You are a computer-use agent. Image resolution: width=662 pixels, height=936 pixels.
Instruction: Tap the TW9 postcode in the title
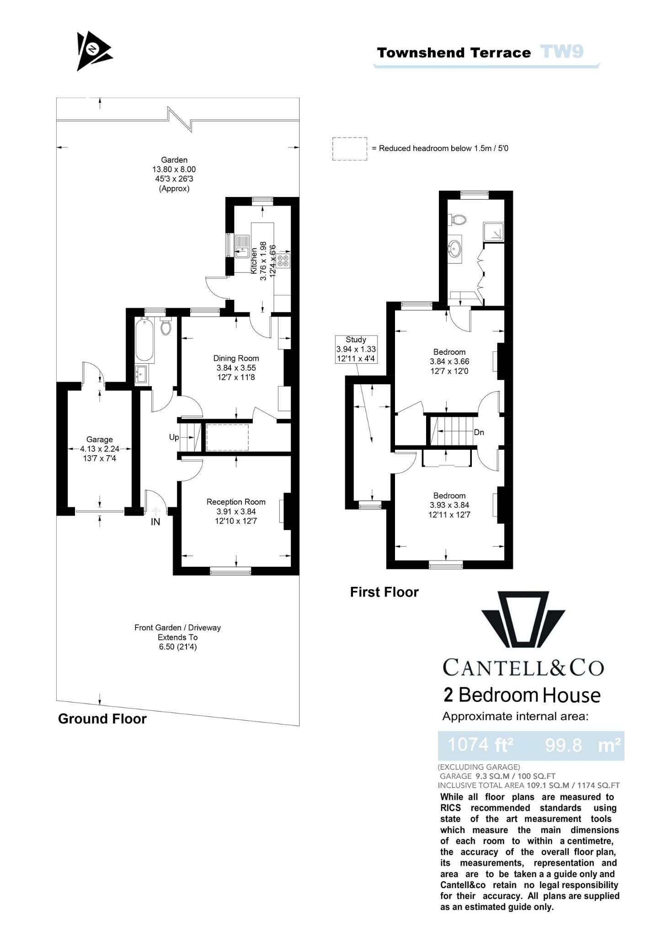[x=561, y=52]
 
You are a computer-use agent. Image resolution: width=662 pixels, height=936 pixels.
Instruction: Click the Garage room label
[x=99, y=440]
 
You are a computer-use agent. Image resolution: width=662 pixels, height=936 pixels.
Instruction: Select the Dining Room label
[x=236, y=358]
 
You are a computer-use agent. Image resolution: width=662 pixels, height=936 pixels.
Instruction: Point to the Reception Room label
[x=236, y=502]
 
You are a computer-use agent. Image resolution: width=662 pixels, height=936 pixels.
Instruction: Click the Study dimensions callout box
[x=356, y=349]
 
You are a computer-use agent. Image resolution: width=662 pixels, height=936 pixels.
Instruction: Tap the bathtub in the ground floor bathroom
[x=144, y=340]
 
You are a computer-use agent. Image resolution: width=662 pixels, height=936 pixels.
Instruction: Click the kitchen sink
[x=242, y=246]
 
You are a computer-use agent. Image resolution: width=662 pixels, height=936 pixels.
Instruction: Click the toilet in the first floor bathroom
[x=458, y=220]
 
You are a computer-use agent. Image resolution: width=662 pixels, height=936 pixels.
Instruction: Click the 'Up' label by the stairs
[x=174, y=437]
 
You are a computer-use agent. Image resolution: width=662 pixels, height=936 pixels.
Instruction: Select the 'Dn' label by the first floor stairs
[x=479, y=432]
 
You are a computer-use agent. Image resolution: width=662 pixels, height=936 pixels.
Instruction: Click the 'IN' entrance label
[x=155, y=522]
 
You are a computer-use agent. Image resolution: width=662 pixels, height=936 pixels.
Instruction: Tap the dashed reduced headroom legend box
[x=350, y=149]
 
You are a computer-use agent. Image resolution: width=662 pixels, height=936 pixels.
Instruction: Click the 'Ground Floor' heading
[x=102, y=719]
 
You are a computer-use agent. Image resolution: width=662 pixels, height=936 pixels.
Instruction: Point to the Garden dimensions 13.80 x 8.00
[x=174, y=170]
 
